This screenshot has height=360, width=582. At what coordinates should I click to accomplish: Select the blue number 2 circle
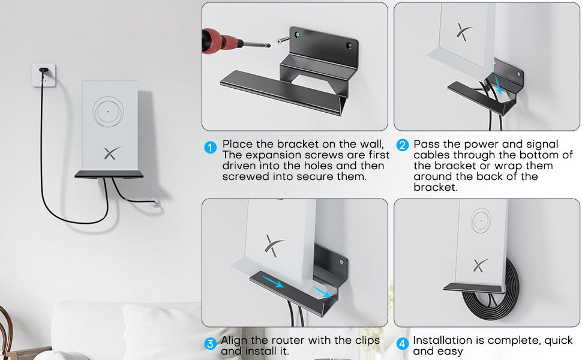point(403,145)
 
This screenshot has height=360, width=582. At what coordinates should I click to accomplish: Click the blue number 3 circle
point(210,344)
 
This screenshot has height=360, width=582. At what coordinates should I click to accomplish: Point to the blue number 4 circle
point(403,344)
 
